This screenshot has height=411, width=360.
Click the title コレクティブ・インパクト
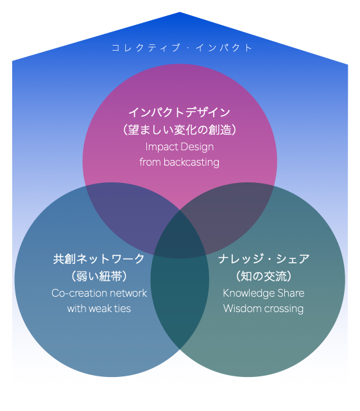pos(182,48)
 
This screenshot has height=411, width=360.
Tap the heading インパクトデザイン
pos(180,112)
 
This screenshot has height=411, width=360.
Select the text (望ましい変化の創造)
pos(180,130)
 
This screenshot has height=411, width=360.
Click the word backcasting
pos(191,162)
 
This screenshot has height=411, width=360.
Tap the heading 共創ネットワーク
pos(99,259)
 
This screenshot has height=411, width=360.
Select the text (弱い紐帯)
pos(99,276)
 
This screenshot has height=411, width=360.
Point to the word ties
pos(123,308)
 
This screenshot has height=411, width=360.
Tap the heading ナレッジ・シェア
pos(264,259)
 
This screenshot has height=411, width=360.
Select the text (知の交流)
pos(264,276)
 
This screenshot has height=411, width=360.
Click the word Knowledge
pos(249,293)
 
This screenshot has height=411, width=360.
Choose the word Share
pos(291,293)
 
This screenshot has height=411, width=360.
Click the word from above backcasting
pos(150,162)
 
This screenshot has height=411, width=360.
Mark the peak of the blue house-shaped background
pos(180,12)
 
